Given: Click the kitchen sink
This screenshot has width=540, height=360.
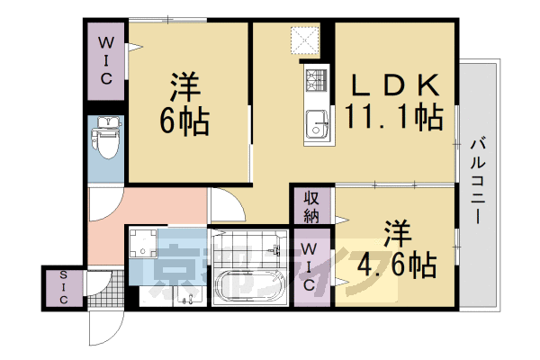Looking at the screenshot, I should (x=316, y=123).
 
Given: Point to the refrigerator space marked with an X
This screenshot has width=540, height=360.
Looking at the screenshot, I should (x=303, y=40).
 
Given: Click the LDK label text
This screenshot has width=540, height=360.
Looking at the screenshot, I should (x=394, y=86).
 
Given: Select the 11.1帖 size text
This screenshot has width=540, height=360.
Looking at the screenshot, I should (x=394, y=117).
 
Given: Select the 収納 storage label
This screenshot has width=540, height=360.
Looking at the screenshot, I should (x=310, y=206).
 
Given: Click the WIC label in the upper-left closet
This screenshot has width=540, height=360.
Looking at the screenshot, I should (x=106, y=58).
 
